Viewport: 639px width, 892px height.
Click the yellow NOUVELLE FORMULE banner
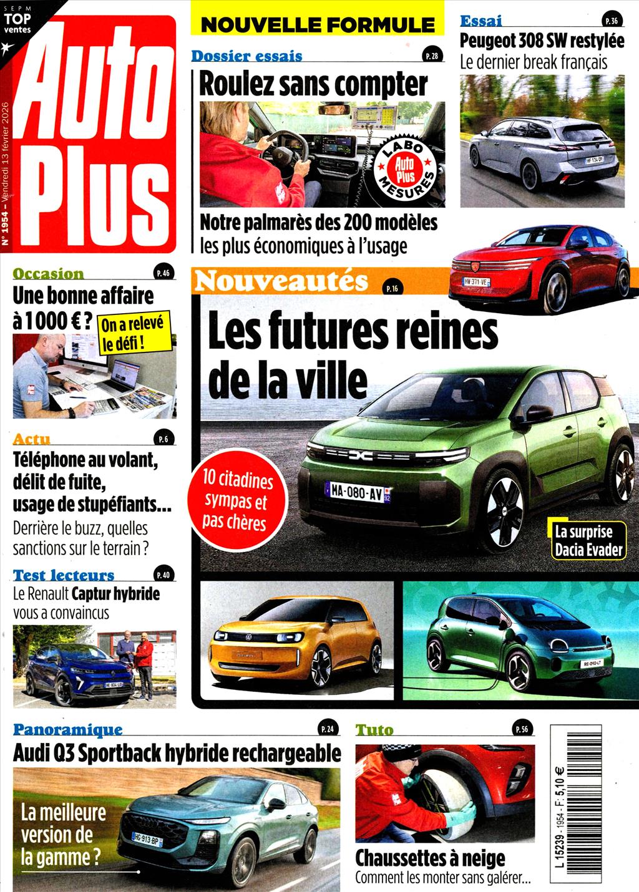click(x=317, y=25)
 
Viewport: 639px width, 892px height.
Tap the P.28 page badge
click(x=431, y=56)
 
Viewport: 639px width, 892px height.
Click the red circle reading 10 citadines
click(x=238, y=501)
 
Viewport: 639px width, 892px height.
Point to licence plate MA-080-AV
click(x=357, y=492)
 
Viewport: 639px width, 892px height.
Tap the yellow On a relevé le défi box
click(x=132, y=333)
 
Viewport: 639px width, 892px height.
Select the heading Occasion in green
click(x=48, y=273)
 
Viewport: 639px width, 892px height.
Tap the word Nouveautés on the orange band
click(x=281, y=281)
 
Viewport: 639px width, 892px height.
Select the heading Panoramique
click(x=68, y=729)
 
